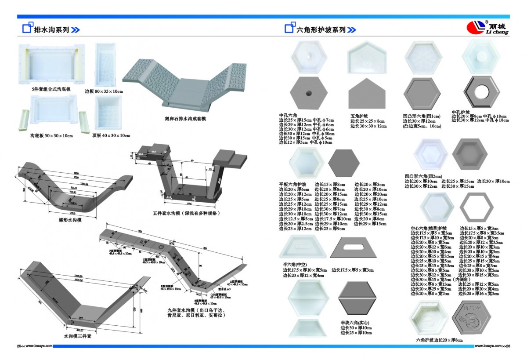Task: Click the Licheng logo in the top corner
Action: pyautogui.click(x=487, y=28)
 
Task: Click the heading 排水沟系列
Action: pyautogui.click(x=51, y=30)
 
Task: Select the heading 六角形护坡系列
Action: pyautogui.click(x=321, y=30)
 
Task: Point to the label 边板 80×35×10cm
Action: pyautogui.click(x=104, y=91)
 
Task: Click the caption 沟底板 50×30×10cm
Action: pyautogui.click(x=51, y=135)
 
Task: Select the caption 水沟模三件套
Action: pyautogui.click(x=77, y=336)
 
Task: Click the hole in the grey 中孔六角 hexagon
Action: pyautogui.click(x=309, y=93)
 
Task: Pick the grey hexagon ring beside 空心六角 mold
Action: pyautogui.click(x=476, y=206)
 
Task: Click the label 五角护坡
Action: pyautogui.click(x=359, y=116)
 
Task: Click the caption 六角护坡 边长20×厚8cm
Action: pyautogui.click(x=439, y=340)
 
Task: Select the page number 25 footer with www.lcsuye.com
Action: pyautogui.click(x=35, y=345)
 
